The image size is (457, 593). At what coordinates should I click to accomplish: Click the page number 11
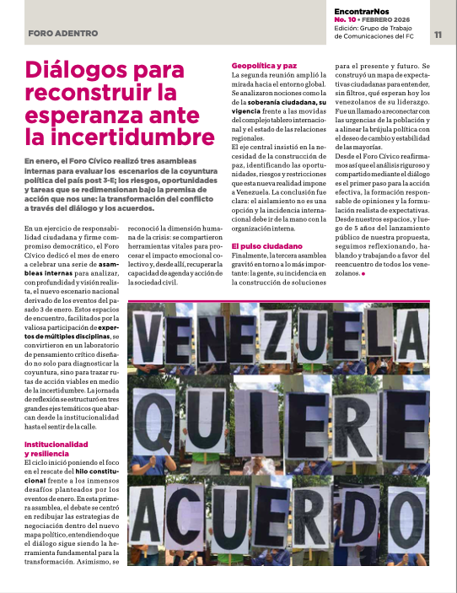438,35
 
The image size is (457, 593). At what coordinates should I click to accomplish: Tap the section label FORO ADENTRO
57,35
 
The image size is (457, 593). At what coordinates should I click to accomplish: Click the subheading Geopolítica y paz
264,65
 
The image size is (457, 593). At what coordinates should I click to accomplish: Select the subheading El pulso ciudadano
267,245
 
